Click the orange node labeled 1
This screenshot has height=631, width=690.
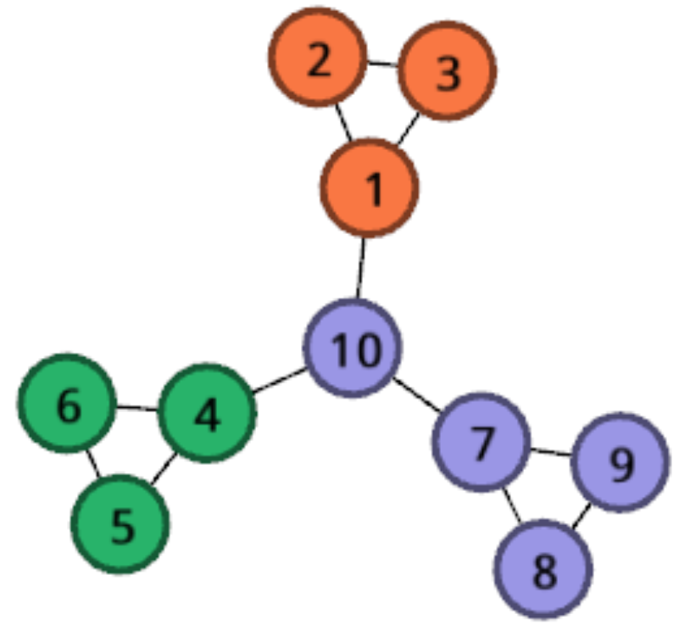click(370, 188)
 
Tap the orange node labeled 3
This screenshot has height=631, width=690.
click(447, 71)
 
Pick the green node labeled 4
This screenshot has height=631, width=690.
click(207, 413)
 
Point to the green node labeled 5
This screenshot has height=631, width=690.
click(120, 524)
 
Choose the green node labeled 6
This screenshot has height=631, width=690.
click(67, 403)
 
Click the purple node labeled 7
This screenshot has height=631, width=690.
click(481, 441)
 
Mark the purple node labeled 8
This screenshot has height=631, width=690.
click(543, 569)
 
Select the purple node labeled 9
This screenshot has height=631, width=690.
click(620, 461)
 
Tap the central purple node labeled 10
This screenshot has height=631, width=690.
click(353, 348)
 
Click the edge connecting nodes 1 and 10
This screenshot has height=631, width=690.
click(362, 267)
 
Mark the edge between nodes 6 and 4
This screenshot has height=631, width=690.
click(136, 408)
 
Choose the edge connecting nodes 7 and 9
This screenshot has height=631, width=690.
click(551, 452)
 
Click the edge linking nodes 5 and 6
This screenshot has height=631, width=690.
click(92, 463)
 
